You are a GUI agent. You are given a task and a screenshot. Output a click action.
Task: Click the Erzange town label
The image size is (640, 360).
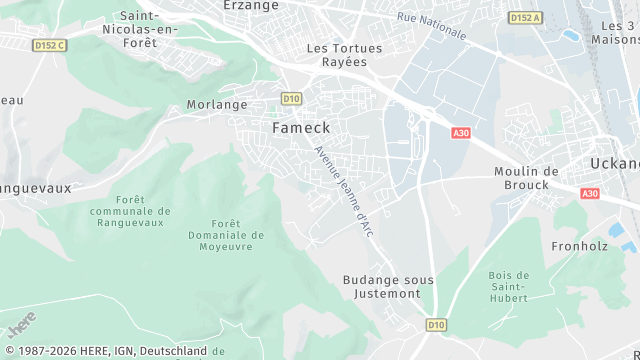(253, 5)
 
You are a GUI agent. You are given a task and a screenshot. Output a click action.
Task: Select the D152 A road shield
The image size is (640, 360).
(524, 18)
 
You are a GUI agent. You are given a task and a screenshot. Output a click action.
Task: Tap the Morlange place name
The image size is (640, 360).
(217, 104)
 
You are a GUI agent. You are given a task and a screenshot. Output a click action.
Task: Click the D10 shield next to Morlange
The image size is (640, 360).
(291, 98)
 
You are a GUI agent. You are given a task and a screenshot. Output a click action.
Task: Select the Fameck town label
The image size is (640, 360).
(301, 128)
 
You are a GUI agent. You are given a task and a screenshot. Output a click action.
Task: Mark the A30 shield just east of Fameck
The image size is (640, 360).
(460, 133)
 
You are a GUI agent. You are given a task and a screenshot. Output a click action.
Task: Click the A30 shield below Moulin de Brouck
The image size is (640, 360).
(590, 193)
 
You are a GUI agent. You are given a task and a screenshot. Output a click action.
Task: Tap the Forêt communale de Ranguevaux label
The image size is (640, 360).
(130, 211)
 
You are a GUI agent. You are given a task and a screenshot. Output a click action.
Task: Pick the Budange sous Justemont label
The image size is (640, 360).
(388, 287)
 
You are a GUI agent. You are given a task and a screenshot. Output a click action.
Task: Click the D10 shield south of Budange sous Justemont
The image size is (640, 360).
(436, 325)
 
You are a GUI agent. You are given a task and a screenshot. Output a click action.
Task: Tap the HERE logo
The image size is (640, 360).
(21, 325)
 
